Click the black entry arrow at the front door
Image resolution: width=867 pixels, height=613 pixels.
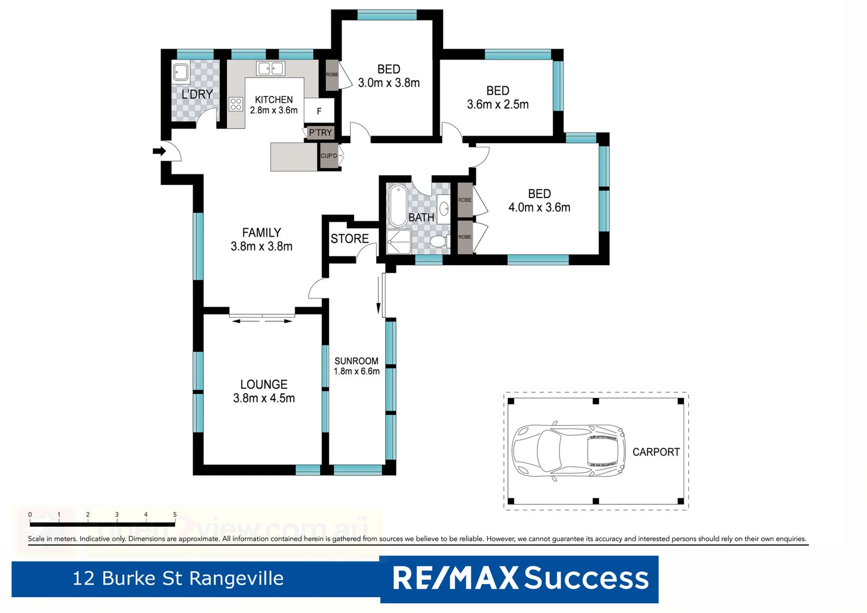click(159, 151)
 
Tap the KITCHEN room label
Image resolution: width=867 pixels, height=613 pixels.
click(273, 99)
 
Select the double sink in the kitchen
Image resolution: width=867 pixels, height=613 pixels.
click(271, 69)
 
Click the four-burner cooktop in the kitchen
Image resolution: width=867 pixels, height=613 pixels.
click(236, 104)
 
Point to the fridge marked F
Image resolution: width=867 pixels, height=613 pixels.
click(319, 111)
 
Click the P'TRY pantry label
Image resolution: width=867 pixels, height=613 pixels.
click(321, 132)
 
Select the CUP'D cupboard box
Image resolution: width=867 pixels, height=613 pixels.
click(329, 156)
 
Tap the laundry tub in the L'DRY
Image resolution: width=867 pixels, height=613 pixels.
click(181, 73)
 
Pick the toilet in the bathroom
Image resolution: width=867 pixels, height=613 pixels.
click(439, 242)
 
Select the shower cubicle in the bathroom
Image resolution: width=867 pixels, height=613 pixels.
click(398, 242)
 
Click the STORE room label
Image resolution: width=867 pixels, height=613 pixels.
click(350, 239)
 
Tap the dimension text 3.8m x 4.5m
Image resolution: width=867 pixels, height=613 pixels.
click(264, 398)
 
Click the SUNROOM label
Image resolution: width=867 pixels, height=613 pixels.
click(356, 361)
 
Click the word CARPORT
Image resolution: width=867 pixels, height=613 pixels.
click(656, 452)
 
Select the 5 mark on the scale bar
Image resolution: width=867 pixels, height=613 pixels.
click(175, 515)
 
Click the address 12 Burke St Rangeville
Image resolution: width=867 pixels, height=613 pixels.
click(178, 578)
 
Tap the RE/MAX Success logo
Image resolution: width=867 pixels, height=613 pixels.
click(520, 578)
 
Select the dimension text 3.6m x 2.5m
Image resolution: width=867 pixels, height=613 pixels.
click(498, 104)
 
